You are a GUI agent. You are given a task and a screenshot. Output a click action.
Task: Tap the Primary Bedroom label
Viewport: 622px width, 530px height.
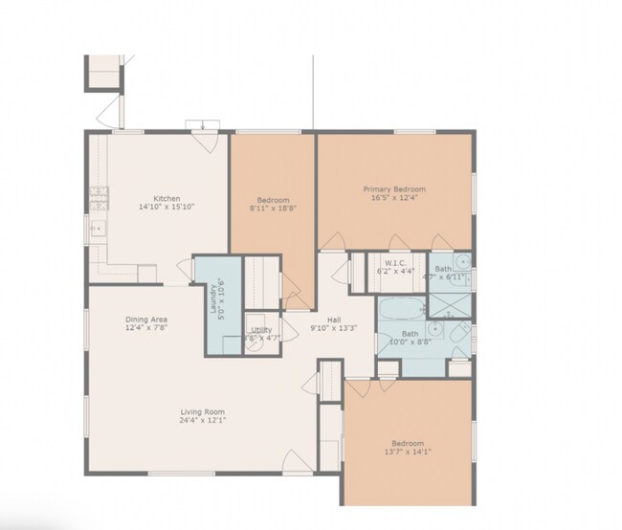click(x=394, y=189)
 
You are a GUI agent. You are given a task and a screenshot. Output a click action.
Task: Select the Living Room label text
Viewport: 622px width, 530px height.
click(x=203, y=412)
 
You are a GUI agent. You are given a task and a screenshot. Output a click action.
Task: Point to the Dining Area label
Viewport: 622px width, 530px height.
click(x=147, y=320)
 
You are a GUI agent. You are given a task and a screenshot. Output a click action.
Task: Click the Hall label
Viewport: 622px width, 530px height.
click(x=333, y=320)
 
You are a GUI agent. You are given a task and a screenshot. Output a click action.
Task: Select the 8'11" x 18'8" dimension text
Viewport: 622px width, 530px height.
click(x=273, y=208)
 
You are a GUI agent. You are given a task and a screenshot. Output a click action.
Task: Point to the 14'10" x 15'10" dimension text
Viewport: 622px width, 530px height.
click(x=167, y=207)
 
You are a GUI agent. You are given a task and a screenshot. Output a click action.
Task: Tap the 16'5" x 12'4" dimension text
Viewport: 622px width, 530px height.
click(x=394, y=198)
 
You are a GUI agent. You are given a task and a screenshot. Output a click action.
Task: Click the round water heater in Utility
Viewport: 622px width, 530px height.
click(x=255, y=343)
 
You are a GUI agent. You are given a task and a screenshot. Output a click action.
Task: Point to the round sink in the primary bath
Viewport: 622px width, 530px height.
click(x=460, y=261)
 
